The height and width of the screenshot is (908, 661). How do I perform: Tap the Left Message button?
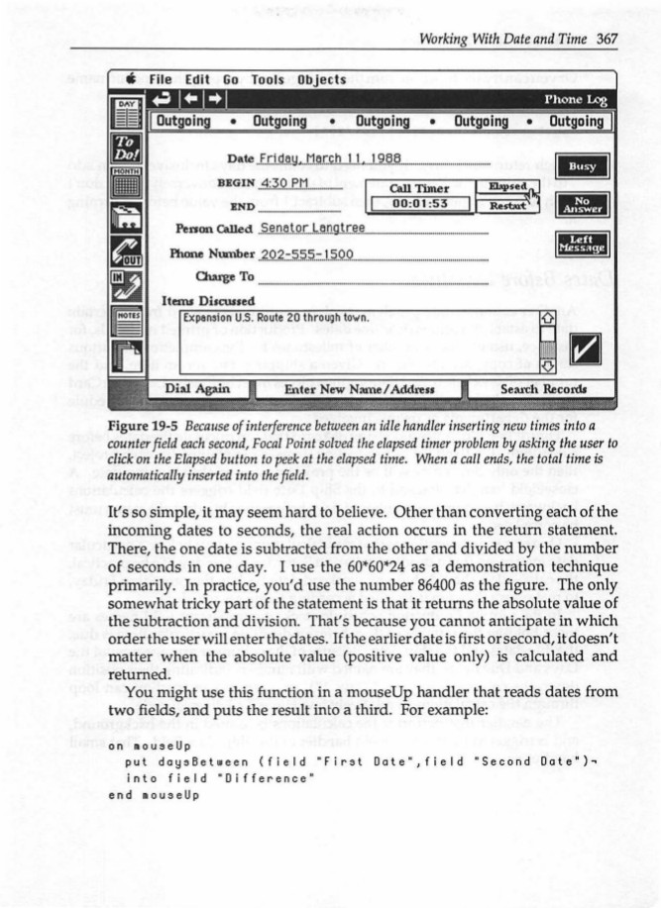pos(582,244)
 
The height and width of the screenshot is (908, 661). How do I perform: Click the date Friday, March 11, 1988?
pos(314,159)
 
